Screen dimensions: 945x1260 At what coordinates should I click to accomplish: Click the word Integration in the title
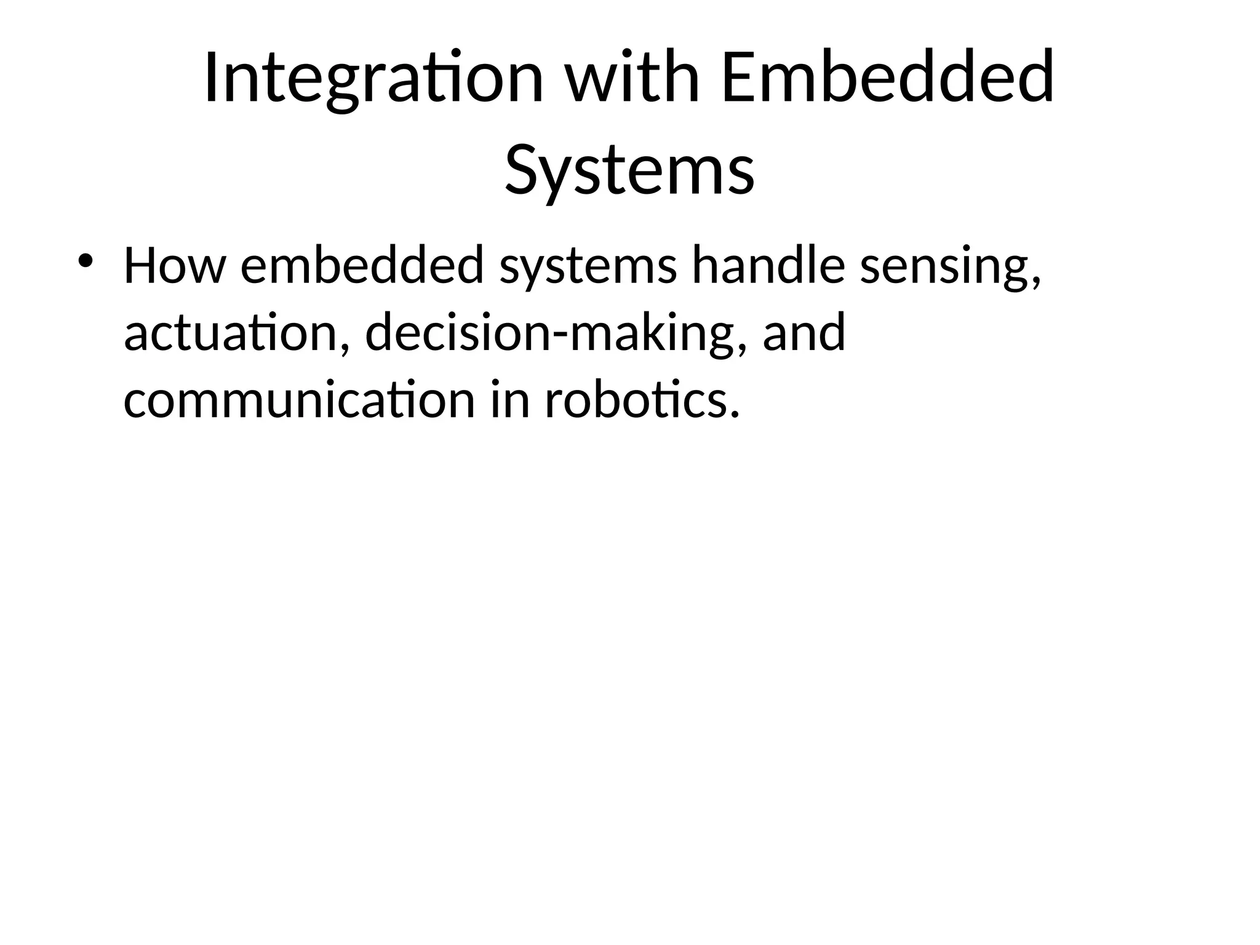point(373,79)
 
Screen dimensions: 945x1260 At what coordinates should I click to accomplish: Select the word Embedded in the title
point(888,79)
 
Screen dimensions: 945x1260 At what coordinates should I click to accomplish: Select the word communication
point(299,401)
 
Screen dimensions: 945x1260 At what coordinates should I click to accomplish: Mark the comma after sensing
point(1035,283)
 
